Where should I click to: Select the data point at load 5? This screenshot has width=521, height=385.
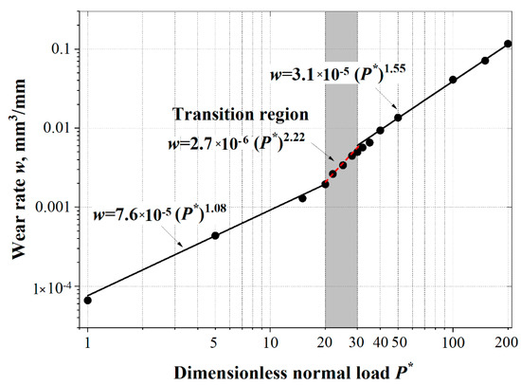coord(215,235)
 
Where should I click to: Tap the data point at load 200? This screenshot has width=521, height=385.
coord(508,44)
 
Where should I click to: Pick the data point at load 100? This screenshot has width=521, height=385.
coord(453,80)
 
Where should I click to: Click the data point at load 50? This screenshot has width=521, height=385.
coord(398,118)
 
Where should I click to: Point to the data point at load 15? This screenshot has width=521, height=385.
coord(302,198)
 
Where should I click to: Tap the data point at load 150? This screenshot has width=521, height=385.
coord(485,61)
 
